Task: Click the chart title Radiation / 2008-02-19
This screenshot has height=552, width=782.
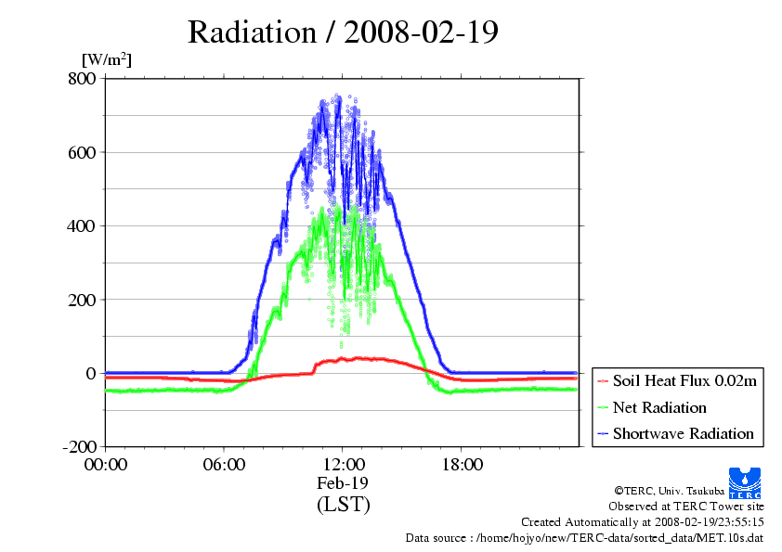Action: [x=343, y=32]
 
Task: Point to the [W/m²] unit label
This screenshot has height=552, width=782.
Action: [x=107, y=59]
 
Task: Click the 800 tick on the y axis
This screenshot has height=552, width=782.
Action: [x=83, y=78]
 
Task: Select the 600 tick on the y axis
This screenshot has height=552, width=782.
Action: [x=83, y=152]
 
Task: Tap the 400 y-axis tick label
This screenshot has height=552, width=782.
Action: [x=83, y=225]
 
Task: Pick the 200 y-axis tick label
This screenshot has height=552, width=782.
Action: [x=83, y=300]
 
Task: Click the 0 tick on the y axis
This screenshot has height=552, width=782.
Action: [x=91, y=373]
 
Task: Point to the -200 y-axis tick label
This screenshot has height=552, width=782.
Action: [x=79, y=447]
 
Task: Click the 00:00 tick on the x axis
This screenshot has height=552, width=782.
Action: [x=105, y=464]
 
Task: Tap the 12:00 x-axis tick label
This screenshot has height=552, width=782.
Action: [x=343, y=464]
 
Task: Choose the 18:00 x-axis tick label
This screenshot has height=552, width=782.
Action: [x=462, y=464]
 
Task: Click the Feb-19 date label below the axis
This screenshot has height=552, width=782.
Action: [x=343, y=483]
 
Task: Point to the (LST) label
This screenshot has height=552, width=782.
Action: [x=343, y=505]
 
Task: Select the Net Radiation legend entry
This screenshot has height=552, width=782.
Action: [x=659, y=407]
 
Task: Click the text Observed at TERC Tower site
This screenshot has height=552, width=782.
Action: [x=686, y=507]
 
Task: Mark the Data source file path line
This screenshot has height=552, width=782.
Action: [x=585, y=537]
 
